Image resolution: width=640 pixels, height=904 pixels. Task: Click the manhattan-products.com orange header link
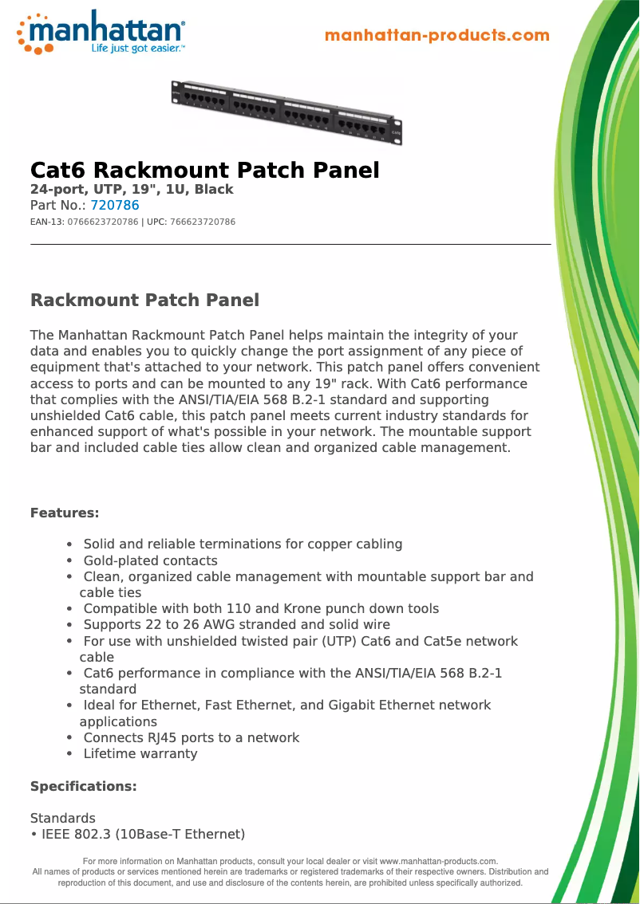tap(437, 35)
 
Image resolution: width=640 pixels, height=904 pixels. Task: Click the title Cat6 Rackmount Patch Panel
tap(204, 170)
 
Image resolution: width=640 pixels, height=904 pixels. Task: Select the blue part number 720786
tap(115, 205)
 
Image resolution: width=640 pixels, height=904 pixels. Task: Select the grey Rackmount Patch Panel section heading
tap(144, 301)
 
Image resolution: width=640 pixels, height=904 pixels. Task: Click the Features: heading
tap(65, 513)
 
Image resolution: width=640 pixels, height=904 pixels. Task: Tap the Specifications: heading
tap(84, 786)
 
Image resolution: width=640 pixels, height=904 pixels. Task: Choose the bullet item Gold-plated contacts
tap(150, 560)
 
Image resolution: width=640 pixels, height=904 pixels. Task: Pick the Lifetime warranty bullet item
tap(140, 753)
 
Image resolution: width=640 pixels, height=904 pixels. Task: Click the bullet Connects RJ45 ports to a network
tap(192, 737)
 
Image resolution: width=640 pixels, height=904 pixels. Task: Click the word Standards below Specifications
tap(62, 818)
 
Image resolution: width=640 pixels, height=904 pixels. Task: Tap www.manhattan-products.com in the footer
tap(438, 861)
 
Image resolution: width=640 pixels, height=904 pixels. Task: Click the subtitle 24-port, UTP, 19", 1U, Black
tap(132, 189)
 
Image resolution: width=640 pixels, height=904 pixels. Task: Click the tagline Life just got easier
tap(137, 49)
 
